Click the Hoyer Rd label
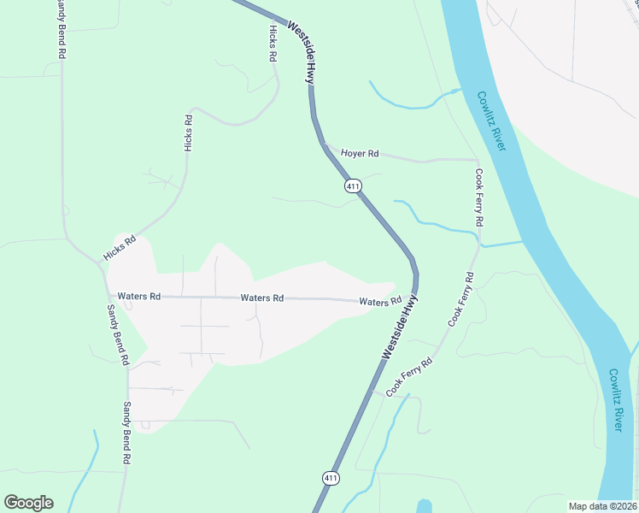(360, 154)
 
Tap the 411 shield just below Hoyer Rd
(352, 186)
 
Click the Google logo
(28, 503)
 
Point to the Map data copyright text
(603, 505)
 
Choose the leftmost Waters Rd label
(139, 296)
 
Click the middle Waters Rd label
(262, 298)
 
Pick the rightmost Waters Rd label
(380, 302)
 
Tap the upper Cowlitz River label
(491, 121)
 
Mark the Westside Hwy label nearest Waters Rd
(400, 327)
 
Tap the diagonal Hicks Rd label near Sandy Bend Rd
(120, 249)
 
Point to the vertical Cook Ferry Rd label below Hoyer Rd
(480, 198)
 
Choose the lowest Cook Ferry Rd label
(410, 377)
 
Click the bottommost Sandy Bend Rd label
(126, 433)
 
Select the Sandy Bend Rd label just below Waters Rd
(116, 332)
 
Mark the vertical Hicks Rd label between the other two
(189, 133)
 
